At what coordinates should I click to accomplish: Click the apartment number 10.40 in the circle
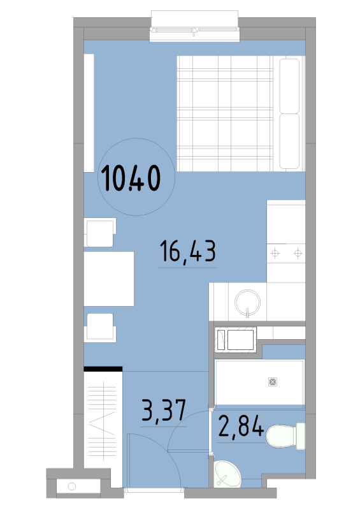(x=131, y=178)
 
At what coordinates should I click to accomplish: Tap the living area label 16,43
(x=187, y=251)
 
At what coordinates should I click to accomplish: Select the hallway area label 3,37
(x=164, y=411)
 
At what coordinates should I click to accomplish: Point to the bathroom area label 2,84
(x=241, y=426)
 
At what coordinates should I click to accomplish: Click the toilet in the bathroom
(x=285, y=436)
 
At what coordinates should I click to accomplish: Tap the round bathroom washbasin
(x=227, y=474)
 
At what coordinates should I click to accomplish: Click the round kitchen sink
(x=247, y=302)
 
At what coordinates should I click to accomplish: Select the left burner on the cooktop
(x=275, y=253)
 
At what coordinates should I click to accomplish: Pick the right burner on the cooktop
(x=298, y=253)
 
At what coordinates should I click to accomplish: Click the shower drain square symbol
(x=273, y=382)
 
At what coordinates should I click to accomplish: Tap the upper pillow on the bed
(x=289, y=85)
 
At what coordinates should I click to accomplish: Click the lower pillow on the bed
(x=289, y=141)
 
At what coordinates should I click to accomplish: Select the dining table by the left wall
(x=109, y=279)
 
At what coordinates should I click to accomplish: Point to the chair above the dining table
(x=100, y=232)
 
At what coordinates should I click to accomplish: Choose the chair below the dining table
(x=100, y=328)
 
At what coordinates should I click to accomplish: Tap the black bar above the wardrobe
(x=103, y=369)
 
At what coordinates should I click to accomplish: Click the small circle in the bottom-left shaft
(x=72, y=486)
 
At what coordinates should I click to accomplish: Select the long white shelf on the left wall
(x=89, y=113)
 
